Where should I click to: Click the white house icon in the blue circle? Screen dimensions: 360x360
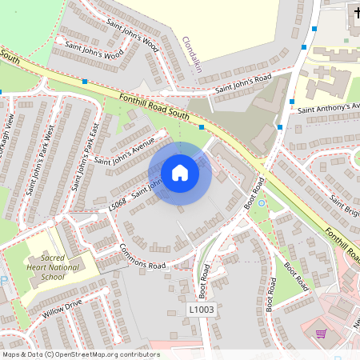(180, 172)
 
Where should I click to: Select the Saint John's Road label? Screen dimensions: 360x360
(243, 82)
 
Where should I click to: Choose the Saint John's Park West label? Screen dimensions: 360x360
(40, 160)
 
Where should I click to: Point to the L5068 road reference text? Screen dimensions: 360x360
(117, 205)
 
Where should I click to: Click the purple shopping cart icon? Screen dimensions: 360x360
(322, 334)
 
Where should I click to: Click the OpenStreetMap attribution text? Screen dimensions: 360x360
(81, 354)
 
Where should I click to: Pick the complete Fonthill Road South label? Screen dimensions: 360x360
(154, 106)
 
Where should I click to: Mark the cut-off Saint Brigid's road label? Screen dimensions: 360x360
(345, 208)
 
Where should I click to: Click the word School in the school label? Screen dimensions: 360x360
(52, 277)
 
